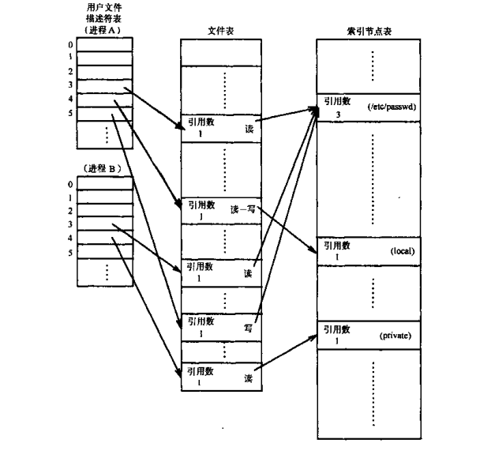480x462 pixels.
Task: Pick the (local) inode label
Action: coord(402,251)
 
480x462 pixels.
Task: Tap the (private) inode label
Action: coord(397,336)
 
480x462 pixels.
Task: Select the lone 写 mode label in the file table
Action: coord(248,325)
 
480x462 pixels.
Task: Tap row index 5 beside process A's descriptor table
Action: coord(71,113)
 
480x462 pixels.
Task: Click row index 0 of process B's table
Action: coord(71,184)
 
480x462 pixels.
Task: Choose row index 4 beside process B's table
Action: coord(71,238)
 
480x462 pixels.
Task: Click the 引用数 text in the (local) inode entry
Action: coord(336,246)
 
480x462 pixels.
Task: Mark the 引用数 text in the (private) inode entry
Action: coord(336,329)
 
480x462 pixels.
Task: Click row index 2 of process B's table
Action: coord(71,211)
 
